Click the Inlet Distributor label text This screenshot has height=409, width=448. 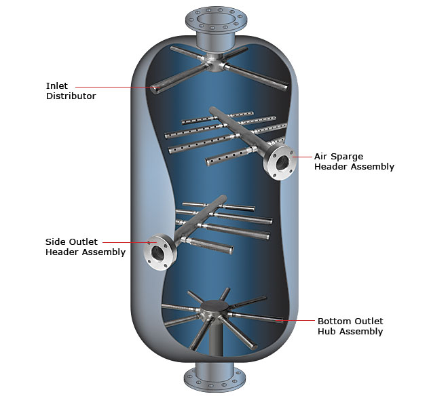(x=71, y=91)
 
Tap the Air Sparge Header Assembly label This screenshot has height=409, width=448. (x=354, y=161)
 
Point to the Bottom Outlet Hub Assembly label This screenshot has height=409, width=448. (x=350, y=326)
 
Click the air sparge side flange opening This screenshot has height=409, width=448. (x=282, y=163)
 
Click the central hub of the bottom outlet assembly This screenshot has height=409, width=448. (x=217, y=310)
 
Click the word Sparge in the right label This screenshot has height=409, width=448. (x=347, y=157)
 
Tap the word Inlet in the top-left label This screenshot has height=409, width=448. (x=57, y=86)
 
